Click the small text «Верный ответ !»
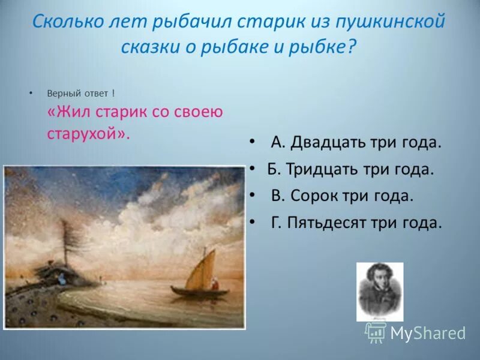click(80, 94)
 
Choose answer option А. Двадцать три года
click(356, 143)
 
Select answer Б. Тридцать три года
click(350, 169)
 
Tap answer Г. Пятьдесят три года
click(356, 223)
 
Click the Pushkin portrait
click(380, 292)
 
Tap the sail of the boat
click(200, 271)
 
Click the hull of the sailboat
click(199, 292)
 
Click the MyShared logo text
click(428, 333)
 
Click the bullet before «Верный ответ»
click(31, 94)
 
